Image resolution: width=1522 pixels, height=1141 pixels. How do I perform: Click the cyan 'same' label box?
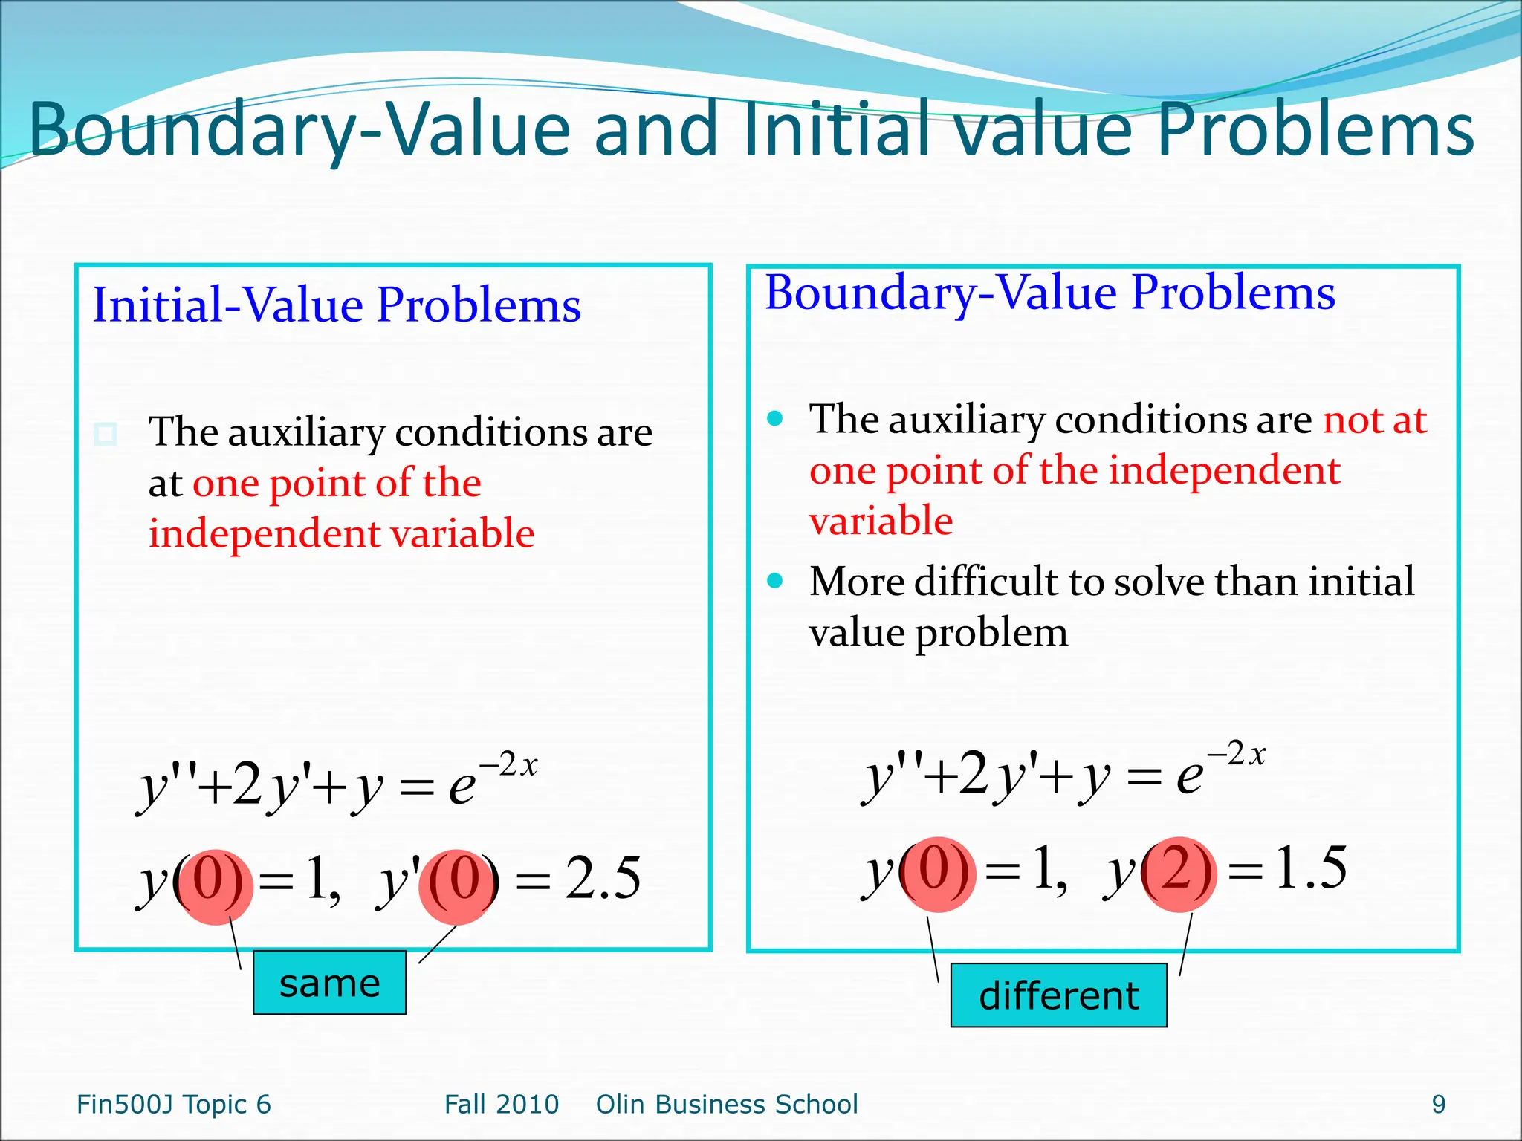click(x=329, y=982)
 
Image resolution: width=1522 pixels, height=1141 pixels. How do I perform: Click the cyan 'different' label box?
click(x=1058, y=995)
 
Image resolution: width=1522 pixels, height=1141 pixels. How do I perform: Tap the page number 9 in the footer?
click(x=1438, y=1105)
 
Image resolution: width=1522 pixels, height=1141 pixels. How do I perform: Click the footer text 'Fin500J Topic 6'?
click(x=174, y=1105)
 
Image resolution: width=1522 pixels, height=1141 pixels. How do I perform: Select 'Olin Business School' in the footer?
click(x=727, y=1105)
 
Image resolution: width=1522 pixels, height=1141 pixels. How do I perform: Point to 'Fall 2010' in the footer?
click(x=502, y=1105)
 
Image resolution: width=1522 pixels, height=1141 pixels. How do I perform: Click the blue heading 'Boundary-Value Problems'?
click(x=1050, y=292)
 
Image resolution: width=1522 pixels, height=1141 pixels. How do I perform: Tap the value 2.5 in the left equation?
click(x=602, y=878)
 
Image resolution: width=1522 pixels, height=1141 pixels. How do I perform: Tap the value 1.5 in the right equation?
click(x=1310, y=868)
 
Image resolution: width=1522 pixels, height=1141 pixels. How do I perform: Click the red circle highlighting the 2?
click(x=1179, y=874)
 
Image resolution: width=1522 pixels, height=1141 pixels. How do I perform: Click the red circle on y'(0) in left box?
click(x=456, y=886)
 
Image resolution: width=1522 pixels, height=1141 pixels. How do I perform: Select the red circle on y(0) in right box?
click(x=938, y=874)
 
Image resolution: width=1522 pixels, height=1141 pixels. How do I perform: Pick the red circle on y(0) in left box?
click(x=216, y=886)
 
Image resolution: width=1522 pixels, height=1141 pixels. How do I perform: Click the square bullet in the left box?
click(x=106, y=433)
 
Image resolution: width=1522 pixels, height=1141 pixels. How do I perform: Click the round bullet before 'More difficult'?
click(x=775, y=580)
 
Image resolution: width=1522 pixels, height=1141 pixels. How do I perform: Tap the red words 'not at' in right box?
click(x=1374, y=420)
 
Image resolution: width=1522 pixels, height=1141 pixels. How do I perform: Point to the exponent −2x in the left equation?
click(x=508, y=764)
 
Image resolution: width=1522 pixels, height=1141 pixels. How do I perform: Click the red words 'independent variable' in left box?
click(x=341, y=533)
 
